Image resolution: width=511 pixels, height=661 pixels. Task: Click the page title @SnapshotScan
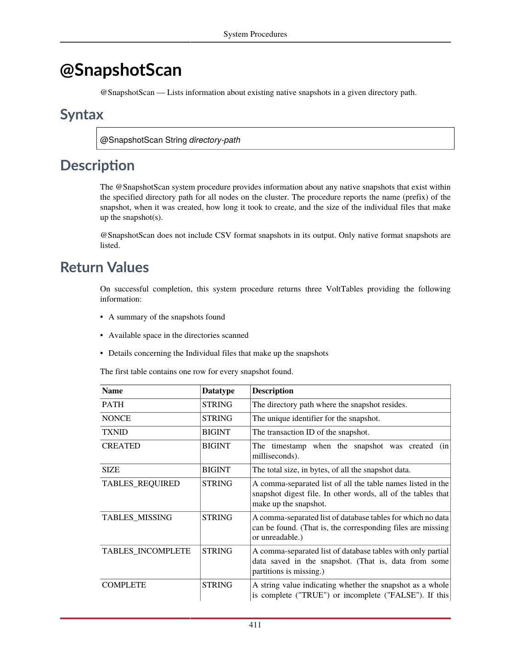tap(121, 70)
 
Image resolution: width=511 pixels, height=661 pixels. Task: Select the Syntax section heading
tap(82, 114)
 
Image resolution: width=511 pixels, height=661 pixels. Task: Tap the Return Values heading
tap(104, 267)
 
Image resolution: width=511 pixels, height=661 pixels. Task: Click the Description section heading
tap(97, 165)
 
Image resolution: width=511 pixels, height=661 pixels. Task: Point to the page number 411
tap(255, 625)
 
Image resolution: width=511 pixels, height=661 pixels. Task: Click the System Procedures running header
tap(255, 34)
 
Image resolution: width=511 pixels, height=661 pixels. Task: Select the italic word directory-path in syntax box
tap(215, 140)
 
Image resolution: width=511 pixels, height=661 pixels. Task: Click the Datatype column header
tap(218, 391)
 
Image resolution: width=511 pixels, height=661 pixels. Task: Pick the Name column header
tap(112, 391)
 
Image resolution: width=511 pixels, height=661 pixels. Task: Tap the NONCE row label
tap(116, 418)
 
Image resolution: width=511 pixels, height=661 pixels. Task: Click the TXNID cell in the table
tap(115, 432)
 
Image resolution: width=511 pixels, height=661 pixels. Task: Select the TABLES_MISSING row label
tap(137, 517)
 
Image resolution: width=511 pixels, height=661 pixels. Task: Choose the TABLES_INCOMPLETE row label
tap(146, 551)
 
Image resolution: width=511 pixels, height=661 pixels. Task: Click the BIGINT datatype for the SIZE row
tap(216, 470)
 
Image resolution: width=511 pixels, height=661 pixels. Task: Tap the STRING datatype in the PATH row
tap(217, 404)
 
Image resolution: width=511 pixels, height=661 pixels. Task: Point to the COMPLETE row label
tap(124, 585)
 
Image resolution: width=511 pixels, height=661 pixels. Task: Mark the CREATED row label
tap(121, 446)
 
